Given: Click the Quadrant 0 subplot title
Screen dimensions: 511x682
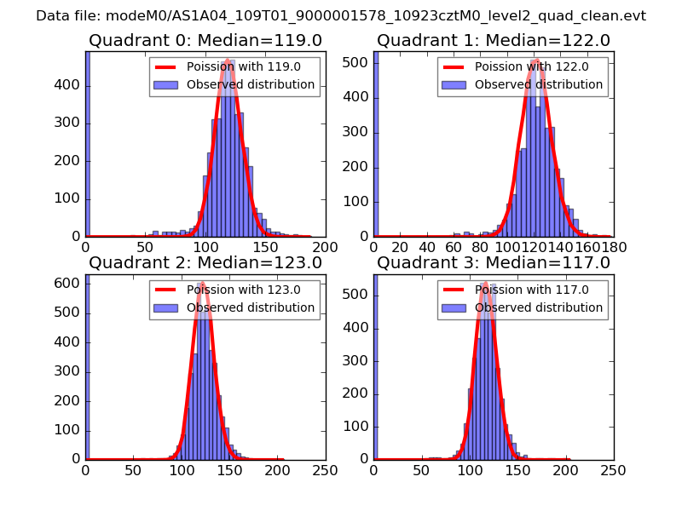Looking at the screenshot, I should (205, 40).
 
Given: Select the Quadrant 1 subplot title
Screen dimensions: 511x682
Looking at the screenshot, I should (494, 40).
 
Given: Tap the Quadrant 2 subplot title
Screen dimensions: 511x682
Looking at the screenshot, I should (205, 262).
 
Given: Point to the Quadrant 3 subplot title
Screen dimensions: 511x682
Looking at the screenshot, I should (494, 262).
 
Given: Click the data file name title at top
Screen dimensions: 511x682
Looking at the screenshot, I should (341, 15).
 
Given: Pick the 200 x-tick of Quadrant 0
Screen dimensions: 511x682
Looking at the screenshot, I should (326, 246).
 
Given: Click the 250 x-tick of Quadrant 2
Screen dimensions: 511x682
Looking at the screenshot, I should (326, 469).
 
